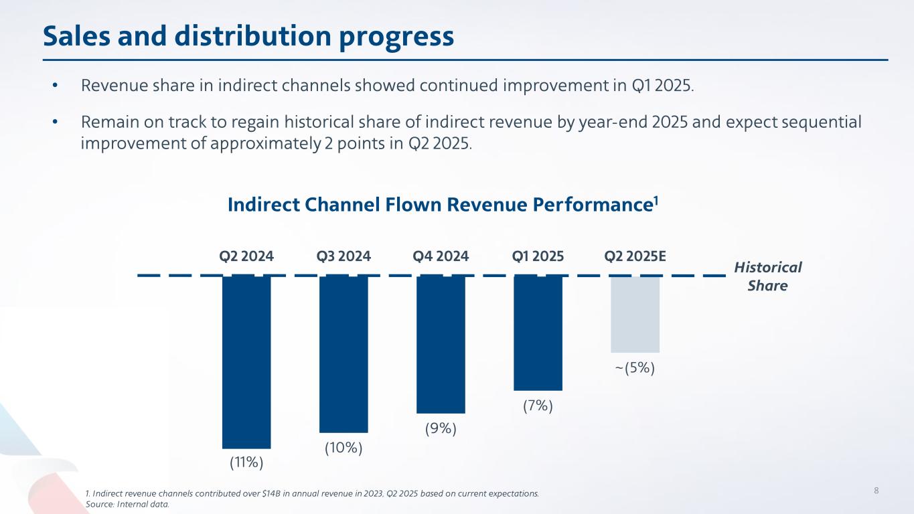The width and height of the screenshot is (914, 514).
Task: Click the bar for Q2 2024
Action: [x=246, y=361]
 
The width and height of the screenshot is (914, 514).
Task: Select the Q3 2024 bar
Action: [x=344, y=353]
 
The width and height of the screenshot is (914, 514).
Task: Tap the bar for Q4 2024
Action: [x=441, y=344]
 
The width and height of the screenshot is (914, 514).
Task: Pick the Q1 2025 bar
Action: [x=538, y=333]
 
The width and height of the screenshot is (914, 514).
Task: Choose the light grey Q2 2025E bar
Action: [x=635, y=314]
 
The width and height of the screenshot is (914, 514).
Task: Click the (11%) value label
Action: [x=246, y=462]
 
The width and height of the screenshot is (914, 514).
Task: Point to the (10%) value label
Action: [x=344, y=448]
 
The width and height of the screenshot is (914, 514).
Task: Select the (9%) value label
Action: [x=441, y=428]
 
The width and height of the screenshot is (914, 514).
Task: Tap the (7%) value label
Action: [x=538, y=406]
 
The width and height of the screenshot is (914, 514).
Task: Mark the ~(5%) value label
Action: [x=635, y=368]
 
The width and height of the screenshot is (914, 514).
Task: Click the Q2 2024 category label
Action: [x=246, y=256]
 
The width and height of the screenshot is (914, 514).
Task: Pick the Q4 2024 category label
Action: [x=441, y=256]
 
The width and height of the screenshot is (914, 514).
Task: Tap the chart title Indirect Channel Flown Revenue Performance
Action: [x=443, y=205]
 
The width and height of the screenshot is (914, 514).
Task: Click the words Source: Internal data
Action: [x=127, y=504]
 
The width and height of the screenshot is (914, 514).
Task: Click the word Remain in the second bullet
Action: [x=104, y=123]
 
